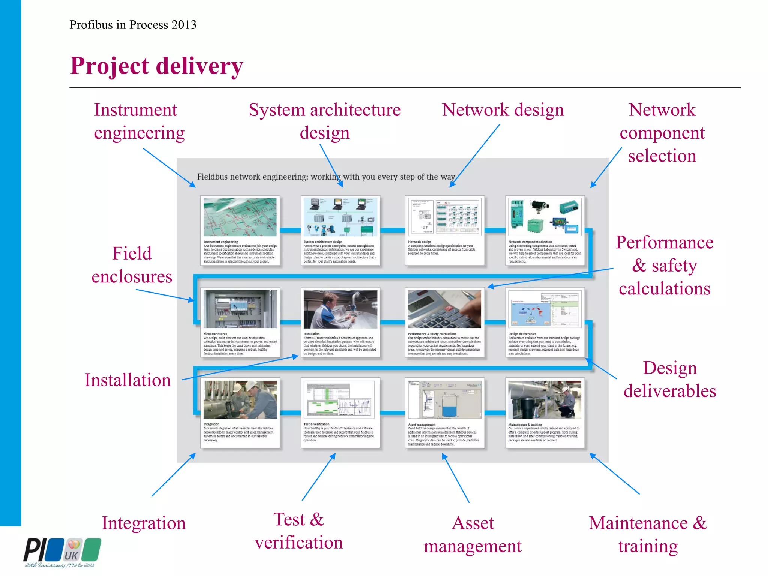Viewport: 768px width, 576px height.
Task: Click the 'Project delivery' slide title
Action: tap(156, 66)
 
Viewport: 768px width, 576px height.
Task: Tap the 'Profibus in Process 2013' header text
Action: tap(133, 25)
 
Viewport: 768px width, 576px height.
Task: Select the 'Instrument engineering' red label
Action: tap(139, 121)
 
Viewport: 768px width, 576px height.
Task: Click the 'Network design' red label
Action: tap(502, 110)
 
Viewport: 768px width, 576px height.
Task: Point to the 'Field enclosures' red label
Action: tap(132, 265)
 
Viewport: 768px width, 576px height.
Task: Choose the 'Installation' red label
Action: tap(127, 380)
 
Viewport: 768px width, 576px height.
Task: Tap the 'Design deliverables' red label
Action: tap(670, 379)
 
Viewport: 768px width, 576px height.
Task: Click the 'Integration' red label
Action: tap(144, 523)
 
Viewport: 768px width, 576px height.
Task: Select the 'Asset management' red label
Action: tap(472, 534)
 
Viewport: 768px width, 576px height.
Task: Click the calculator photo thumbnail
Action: tap(444, 309)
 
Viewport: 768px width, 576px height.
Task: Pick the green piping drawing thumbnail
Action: tap(240, 217)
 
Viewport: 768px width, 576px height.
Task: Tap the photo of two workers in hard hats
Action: tap(240, 399)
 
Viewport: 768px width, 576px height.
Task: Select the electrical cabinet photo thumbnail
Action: tap(240, 309)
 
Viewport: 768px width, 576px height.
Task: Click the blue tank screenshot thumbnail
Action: tap(444, 400)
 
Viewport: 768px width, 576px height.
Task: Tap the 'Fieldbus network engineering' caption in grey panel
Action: tap(326, 177)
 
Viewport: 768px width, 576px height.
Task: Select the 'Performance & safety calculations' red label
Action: tap(664, 265)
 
